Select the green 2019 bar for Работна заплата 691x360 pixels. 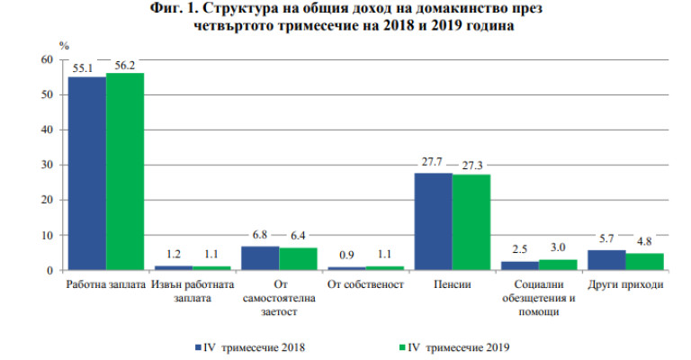point(125,171)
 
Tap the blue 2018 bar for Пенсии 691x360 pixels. point(433,221)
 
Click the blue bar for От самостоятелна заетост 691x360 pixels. point(260,257)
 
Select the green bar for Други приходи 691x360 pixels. point(644,261)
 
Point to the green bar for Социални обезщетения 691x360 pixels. point(558,265)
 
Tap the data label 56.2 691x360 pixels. point(125,65)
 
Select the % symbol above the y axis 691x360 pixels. point(63,43)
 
